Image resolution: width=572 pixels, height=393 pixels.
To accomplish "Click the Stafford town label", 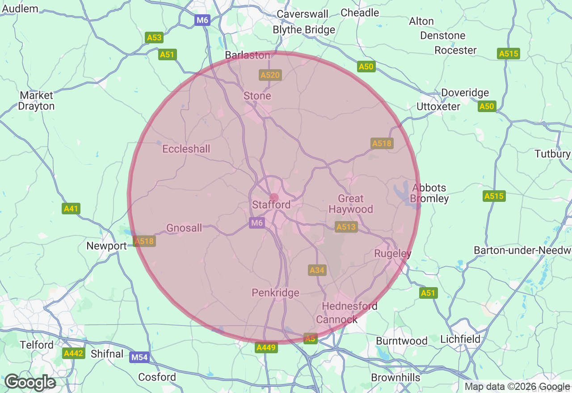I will pos(271,205).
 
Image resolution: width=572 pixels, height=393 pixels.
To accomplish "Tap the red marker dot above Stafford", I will pos(274,197).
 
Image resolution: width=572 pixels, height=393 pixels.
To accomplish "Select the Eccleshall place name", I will pos(186,149).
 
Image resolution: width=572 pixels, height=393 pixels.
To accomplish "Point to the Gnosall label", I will pos(184,228).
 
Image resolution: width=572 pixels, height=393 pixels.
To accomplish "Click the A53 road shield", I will pos(154,38).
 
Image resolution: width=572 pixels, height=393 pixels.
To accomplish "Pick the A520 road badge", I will pos(270,75).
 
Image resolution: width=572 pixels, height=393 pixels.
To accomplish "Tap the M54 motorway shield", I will pos(139,357).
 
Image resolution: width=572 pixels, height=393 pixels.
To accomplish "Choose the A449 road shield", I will pos(266,347).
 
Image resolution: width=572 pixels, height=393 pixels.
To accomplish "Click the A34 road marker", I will pos(317,270).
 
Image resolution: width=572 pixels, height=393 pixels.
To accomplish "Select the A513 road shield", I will pos(346,227).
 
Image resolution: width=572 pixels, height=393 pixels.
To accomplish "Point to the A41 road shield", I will pos(71,208).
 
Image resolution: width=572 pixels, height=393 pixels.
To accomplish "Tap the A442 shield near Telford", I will pos(73,353).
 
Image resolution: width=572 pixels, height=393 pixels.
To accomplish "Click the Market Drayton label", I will pos(37,101).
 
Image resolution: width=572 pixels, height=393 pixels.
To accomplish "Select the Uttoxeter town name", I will pos(438,107).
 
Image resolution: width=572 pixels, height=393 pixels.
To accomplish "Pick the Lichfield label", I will pos(460,339).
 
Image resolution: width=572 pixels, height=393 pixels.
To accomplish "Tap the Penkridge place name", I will pos(275,293).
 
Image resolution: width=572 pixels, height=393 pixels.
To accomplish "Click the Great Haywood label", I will pos(351,204).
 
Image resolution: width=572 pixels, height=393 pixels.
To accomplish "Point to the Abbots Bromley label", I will pos(429,193).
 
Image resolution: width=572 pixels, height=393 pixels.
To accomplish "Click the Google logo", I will pos(30,383).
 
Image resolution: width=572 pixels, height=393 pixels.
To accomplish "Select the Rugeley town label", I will pos(393,254).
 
